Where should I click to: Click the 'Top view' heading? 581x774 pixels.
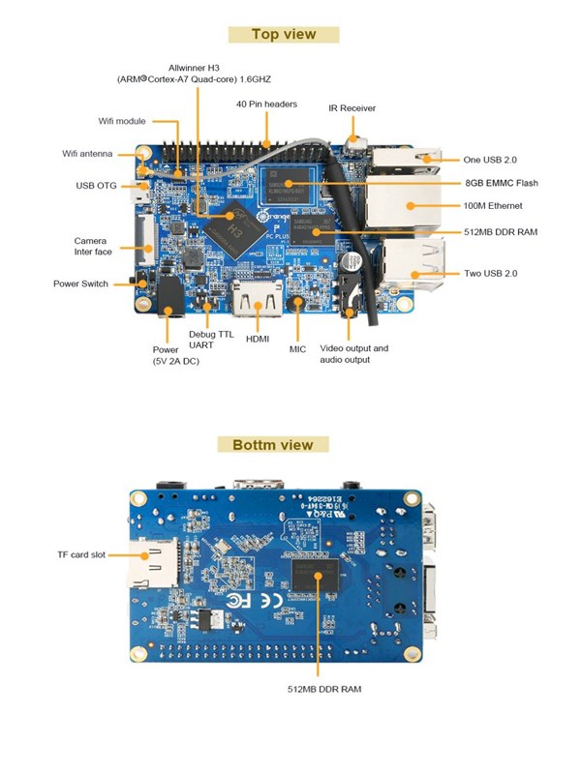click(x=284, y=35)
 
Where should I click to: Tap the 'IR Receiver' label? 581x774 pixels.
click(x=352, y=108)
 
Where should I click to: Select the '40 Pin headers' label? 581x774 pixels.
click(x=266, y=104)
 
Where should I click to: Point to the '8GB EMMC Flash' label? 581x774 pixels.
click(x=501, y=183)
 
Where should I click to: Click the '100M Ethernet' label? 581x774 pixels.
click(x=494, y=206)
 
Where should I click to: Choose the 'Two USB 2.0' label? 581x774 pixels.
click(x=491, y=274)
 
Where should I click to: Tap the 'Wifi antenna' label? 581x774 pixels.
click(x=88, y=154)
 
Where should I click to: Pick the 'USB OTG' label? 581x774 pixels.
click(x=96, y=185)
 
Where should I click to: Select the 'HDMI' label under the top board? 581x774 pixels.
click(x=259, y=340)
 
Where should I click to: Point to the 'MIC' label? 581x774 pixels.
click(x=297, y=348)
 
